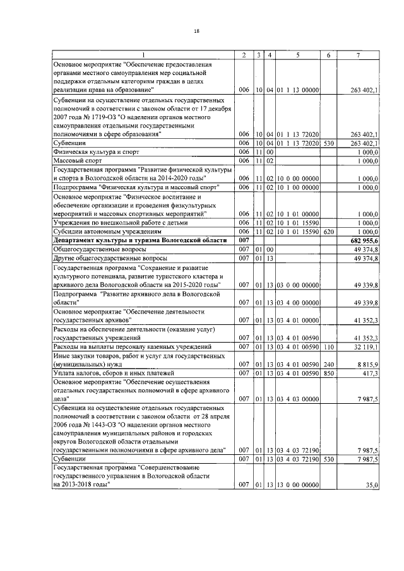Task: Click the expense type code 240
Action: coord(328,365)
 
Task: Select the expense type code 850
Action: coord(328,374)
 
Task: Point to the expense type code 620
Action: coord(328,232)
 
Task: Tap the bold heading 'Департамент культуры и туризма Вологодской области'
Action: coord(140,241)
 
